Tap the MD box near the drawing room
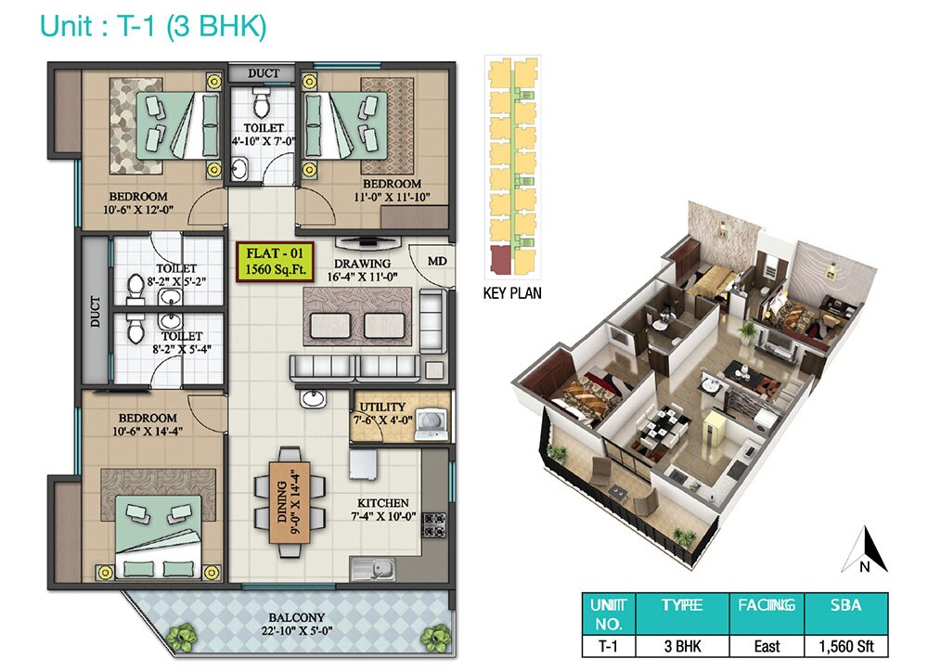click(x=437, y=261)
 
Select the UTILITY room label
click(x=382, y=407)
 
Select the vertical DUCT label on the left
click(x=94, y=311)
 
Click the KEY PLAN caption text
click(x=513, y=293)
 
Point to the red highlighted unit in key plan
click(x=501, y=263)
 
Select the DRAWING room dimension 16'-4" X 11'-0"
click(x=369, y=276)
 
